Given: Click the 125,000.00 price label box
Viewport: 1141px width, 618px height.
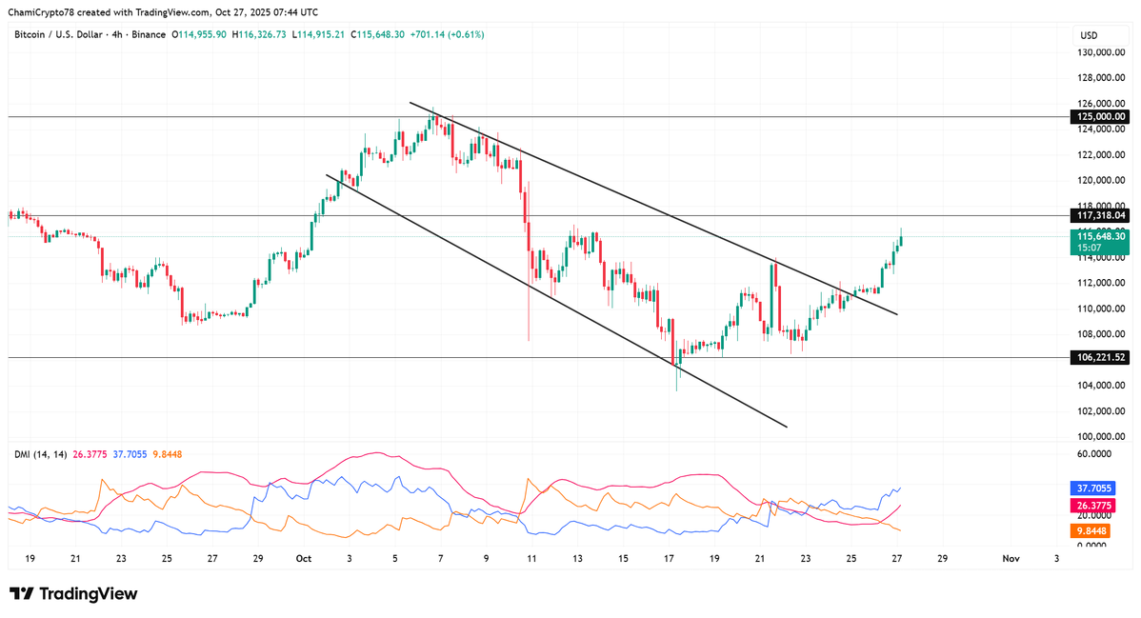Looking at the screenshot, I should (x=1100, y=116).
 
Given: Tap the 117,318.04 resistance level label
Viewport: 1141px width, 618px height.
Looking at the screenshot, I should (x=1100, y=216).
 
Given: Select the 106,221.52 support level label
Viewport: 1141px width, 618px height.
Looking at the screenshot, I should (x=1100, y=357).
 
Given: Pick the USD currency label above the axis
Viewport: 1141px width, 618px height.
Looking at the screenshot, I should (x=1088, y=35).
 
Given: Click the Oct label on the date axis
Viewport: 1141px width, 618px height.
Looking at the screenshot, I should (x=304, y=559).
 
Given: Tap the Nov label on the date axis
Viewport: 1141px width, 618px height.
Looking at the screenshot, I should (x=1011, y=559).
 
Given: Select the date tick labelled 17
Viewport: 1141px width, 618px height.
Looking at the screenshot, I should (x=670, y=559).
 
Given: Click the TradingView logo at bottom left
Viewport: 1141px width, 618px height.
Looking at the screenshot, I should (x=75, y=594).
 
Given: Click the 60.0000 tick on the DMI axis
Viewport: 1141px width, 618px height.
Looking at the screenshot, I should (x=1098, y=454).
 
